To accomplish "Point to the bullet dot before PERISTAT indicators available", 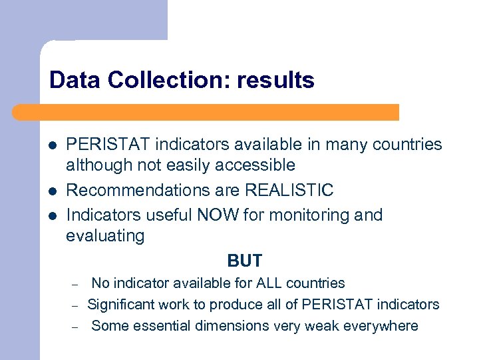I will (x=53, y=145).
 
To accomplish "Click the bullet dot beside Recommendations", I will (x=53, y=191).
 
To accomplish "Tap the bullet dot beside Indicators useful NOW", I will (x=53, y=215).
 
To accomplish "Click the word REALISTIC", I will (x=289, y=191).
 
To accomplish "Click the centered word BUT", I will (x=245, y=261).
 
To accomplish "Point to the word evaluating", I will (x=105, y=236).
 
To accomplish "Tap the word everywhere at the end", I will (x=381, y=326).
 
